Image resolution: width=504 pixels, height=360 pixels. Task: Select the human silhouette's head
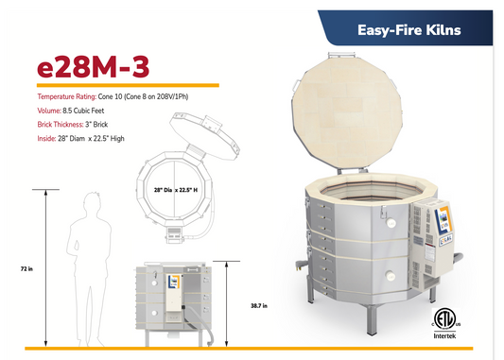[x=93, y=201]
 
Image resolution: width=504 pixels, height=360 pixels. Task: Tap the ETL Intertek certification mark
[x=443, y=319]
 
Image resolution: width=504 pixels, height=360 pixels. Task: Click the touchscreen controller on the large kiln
[x=424, y=218]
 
